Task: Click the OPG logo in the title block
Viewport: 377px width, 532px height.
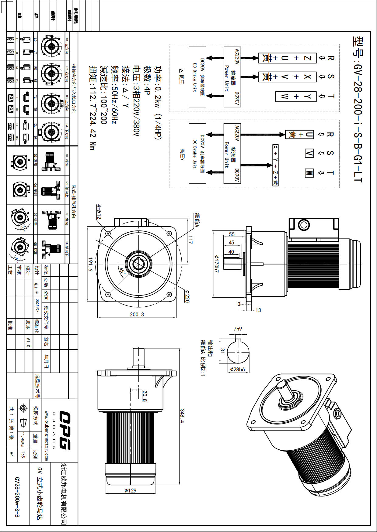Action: pos(64,430)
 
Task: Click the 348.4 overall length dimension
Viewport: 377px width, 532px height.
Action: pos(182,416)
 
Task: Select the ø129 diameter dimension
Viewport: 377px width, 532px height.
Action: pos(131,490)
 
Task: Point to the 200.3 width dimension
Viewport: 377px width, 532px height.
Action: pos(137,314)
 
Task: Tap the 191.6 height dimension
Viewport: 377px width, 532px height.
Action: pos(90,264)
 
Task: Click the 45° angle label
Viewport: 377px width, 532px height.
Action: pos(122,271)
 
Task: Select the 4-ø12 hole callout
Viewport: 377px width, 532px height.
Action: pos(99,212)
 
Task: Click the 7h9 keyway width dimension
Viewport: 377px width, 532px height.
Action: pos(238,329)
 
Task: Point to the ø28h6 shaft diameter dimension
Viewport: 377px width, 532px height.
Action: pos(237,369)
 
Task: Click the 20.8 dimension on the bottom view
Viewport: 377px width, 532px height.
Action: pos(145,396)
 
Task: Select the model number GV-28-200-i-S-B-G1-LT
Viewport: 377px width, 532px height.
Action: pos(358,109)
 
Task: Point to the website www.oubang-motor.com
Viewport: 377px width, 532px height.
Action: pos(46,436)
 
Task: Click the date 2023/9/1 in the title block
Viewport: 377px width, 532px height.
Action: pos(37,306)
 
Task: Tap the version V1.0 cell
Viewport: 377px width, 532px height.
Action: pos(28,342)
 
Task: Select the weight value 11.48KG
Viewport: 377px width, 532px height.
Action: pos(22,440)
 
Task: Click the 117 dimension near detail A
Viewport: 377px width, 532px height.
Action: pos(190,240)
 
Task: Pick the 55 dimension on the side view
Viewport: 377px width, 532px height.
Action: pos(232,234)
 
